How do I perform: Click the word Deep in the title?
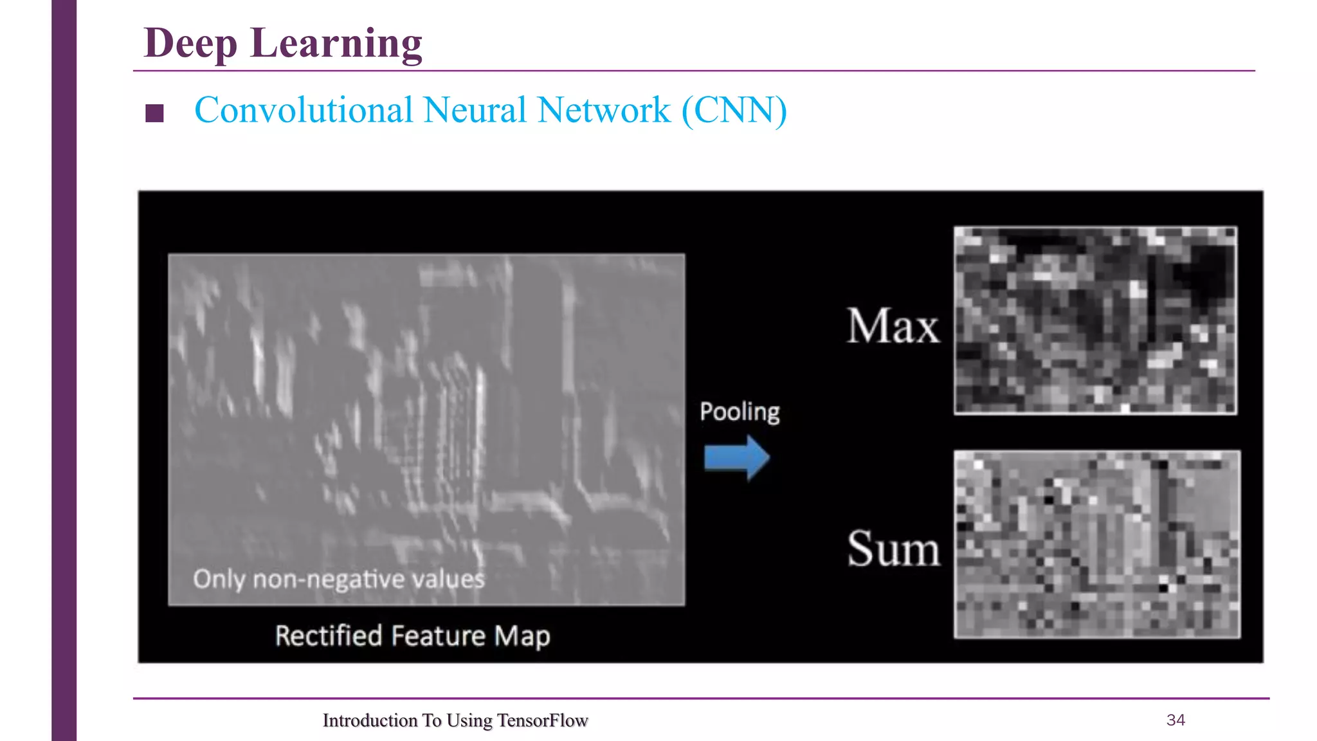(190, 44)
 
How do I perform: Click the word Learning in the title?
(336, 44)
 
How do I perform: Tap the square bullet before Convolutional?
(154, 113)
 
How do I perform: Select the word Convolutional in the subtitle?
(304, 110)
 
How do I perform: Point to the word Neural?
(475, 110)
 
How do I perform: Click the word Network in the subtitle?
(604, 110)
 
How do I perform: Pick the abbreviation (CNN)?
(734, 110)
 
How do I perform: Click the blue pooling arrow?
(736, 457)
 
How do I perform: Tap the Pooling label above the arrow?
(740, 412)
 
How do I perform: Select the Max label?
(893, 326)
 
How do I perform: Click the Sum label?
(893, 549)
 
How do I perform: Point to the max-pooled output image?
(1095, 320)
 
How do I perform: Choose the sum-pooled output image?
(1097, 544)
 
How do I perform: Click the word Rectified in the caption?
(329, 636)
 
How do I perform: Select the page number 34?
(1176, 720)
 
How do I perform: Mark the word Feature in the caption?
(438, 636)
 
